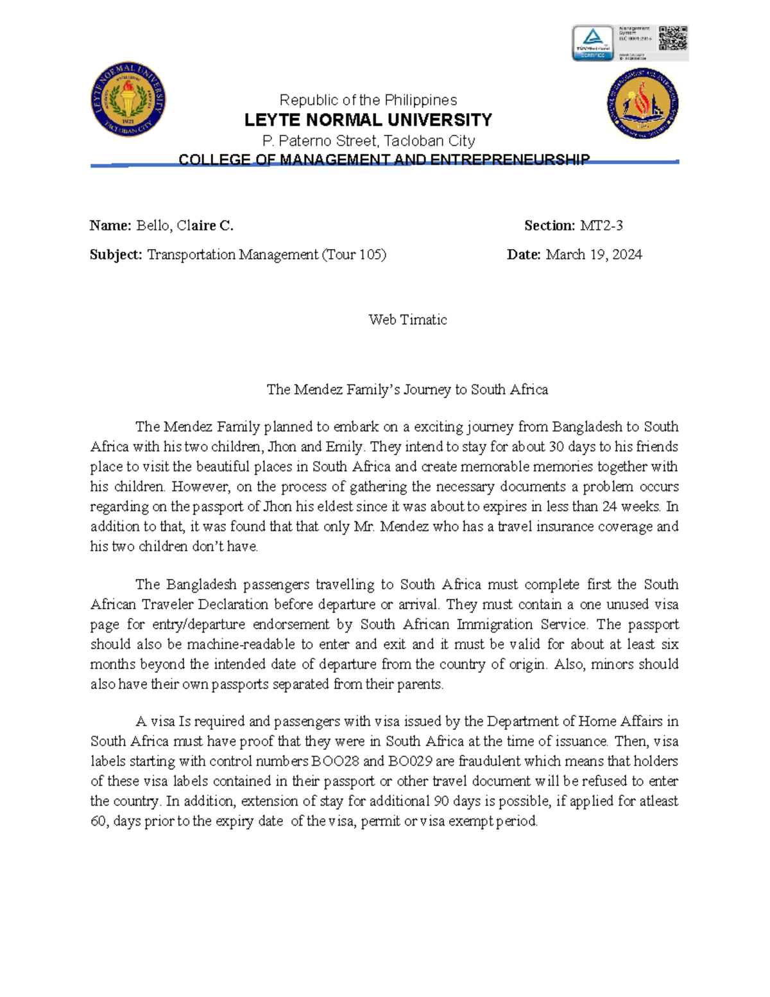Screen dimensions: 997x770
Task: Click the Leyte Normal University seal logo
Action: [128, 100]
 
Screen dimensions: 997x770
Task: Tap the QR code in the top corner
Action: [673, 39]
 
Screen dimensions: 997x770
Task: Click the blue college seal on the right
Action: [642, 103]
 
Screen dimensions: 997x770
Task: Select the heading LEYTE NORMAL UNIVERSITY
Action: [368, 120]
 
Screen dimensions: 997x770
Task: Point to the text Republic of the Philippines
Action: [368, 100]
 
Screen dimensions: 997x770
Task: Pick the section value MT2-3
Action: [601, 225]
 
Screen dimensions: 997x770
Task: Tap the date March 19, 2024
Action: [594, 255]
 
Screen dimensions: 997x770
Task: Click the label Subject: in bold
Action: [116, 255]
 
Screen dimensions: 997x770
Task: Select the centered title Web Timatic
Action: [407, 320]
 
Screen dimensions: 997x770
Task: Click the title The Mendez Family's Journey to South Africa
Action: [407, 390]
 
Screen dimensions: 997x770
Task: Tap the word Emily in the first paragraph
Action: [345, 447]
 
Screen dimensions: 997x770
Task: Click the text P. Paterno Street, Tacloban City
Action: [368, 141]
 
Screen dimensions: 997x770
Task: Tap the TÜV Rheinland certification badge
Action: [593, 43]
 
